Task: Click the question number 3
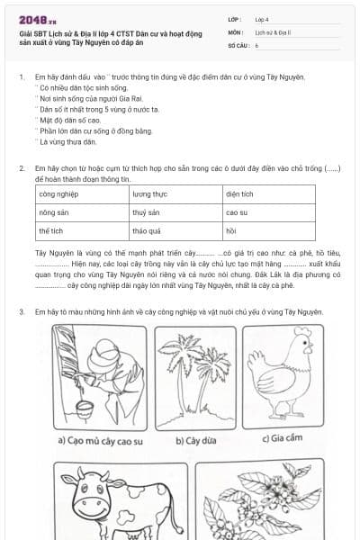tap(22, 312)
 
